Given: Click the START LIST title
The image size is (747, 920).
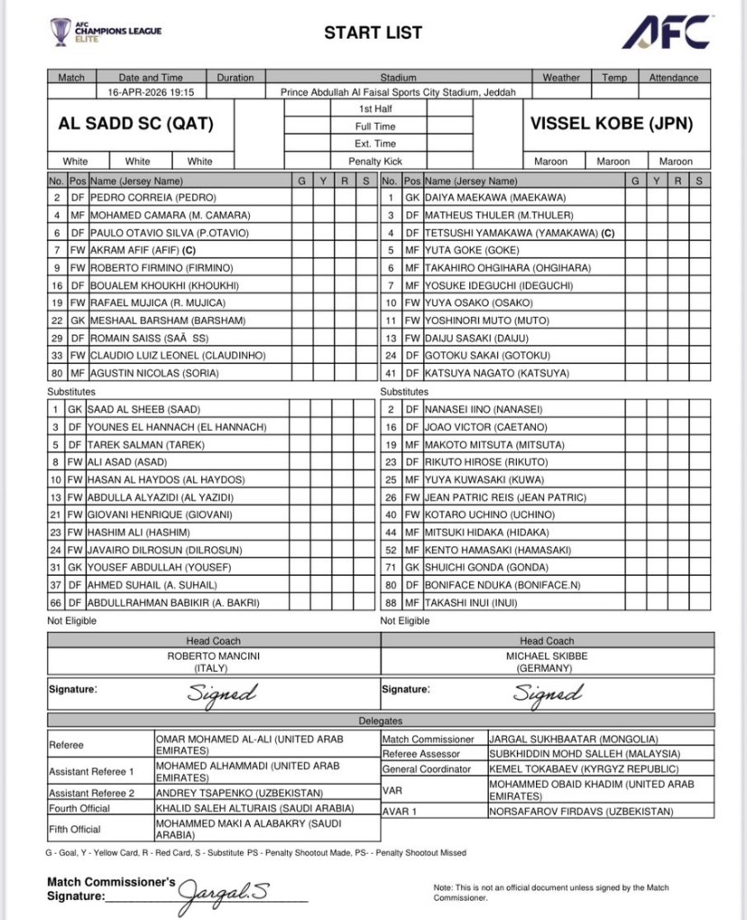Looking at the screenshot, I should [x=373, y=33].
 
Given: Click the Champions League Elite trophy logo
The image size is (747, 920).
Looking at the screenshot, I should [x=61, y=33].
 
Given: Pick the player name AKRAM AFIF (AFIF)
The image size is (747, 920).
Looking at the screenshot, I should [x=143, y=249].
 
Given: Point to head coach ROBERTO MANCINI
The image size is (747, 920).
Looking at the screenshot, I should [x=213, y=656].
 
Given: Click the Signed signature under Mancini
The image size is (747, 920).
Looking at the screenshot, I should [x=222, y=692].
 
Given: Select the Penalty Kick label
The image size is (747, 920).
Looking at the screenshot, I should [x=375, y=161].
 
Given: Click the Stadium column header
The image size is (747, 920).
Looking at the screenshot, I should [x=398, y=78].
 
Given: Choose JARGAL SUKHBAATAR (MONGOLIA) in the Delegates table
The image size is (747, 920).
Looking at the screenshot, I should [x=573, y=739].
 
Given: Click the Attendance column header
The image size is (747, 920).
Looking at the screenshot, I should [x=673, y=78].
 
